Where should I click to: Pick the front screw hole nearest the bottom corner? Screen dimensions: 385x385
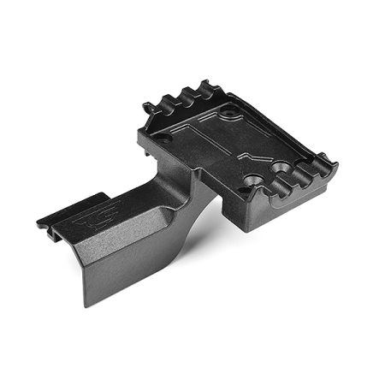[252, 181]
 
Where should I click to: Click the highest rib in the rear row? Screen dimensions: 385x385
[205, 86]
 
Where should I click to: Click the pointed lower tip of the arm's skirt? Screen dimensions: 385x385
[88, 304]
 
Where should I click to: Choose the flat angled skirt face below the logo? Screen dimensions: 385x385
[120, 257]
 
